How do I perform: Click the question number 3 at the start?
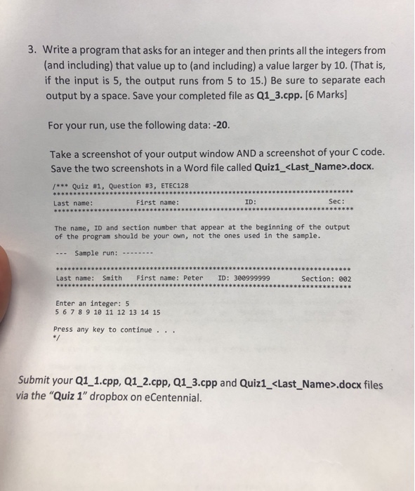tap(32, 51)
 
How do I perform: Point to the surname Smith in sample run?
tap(112, 278)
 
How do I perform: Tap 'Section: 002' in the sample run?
tap(326, 278)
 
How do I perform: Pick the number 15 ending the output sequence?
tap(155, 312)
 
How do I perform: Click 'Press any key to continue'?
tap(103, 329)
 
